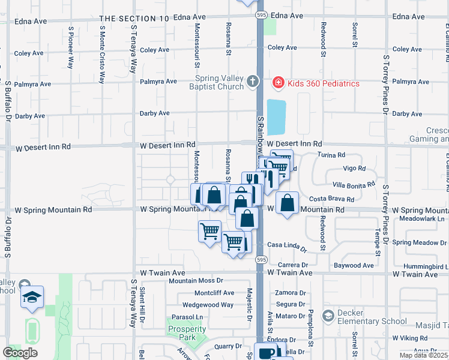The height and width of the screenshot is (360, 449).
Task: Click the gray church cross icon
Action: (x=253, y=81)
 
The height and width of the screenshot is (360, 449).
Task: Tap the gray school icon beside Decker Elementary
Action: (x=328, y=315)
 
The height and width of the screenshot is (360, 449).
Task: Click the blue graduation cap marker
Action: (x=32, y=297)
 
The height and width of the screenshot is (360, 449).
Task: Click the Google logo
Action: (x=20, y=353)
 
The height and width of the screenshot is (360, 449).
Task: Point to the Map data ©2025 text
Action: (x=424, y=355)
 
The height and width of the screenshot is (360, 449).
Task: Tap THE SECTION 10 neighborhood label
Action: (x=134, y=19)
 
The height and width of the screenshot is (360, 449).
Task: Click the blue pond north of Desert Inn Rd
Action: (x=276, y=117)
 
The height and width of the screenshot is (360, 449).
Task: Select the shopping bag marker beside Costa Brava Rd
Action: (x=288, y=204)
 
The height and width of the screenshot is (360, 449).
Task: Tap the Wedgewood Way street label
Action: (x=208, y=304)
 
